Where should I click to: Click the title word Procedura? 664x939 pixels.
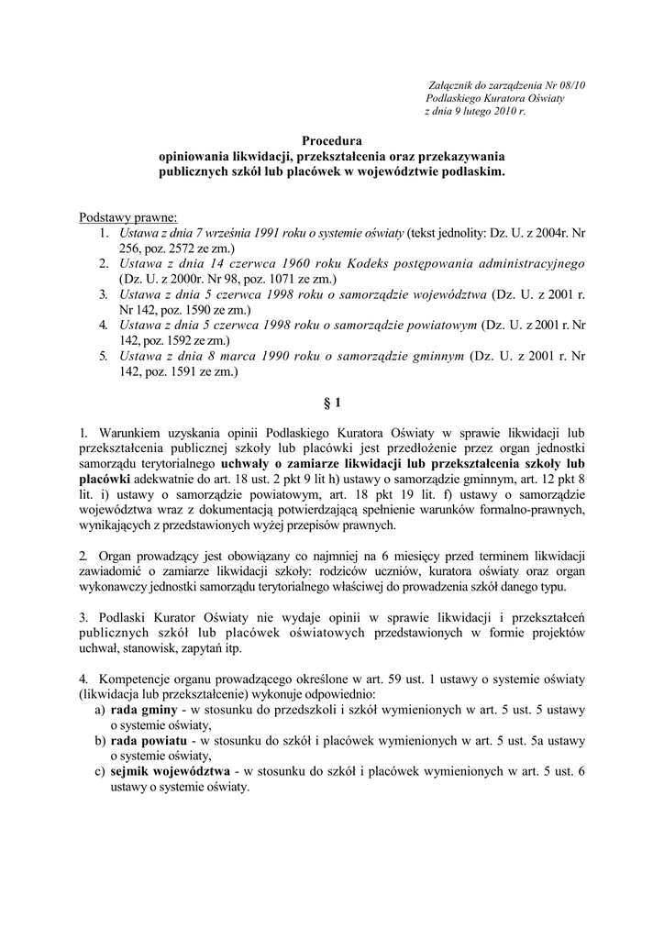pyautogui.click(x=332, y=141)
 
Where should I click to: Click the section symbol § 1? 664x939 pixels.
pyautogui.click(x=332, y=402)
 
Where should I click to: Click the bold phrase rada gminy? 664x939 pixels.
pyautogui.click(x=144, y=710)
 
